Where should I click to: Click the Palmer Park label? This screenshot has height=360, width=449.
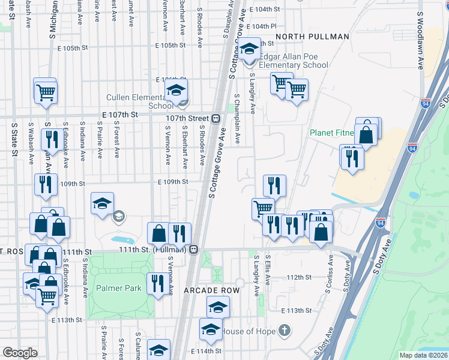pos(118,288)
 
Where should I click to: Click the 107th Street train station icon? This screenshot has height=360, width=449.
pos(215,118)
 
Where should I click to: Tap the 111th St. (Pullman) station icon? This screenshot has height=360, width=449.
pos(194,250)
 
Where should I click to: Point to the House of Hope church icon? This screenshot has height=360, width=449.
pos(285,331)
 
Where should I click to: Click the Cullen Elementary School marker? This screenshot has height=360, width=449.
pos(176,91)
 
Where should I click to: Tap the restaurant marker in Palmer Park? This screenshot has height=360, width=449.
pos(157,283)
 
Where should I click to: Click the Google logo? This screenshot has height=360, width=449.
pos(20,353)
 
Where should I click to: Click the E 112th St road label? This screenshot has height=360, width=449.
pos(300,277)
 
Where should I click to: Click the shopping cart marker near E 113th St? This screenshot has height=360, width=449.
pos(47,296)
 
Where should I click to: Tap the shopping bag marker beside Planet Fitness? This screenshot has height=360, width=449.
pos(366,134)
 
